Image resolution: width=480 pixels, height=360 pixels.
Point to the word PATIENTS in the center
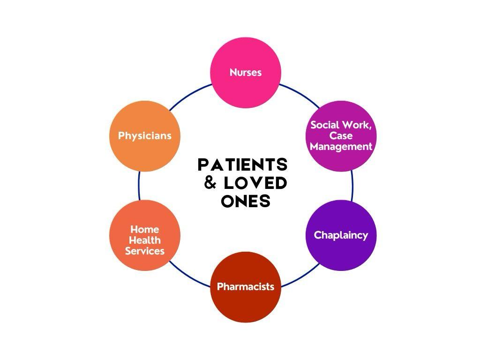[x=242, y=165]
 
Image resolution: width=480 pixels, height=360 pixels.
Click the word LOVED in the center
[x=255, y=183]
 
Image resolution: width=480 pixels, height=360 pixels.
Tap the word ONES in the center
[x=246, y=201]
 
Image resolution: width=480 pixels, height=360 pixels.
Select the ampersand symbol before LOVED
[x=210, y=183]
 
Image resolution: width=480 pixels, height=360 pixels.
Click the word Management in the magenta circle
[x=341, y=146]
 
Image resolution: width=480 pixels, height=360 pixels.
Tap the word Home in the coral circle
[x=144, y=229]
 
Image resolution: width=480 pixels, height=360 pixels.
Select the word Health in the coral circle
[x=144, y=240]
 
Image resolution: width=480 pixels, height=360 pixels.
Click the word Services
[x=144, y=251]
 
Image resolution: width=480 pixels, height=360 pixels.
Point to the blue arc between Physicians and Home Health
[x=139, y=186]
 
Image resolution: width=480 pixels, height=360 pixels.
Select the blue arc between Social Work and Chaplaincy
[x=352, y=186]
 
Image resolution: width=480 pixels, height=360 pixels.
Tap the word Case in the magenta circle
[x=341, y=136]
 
